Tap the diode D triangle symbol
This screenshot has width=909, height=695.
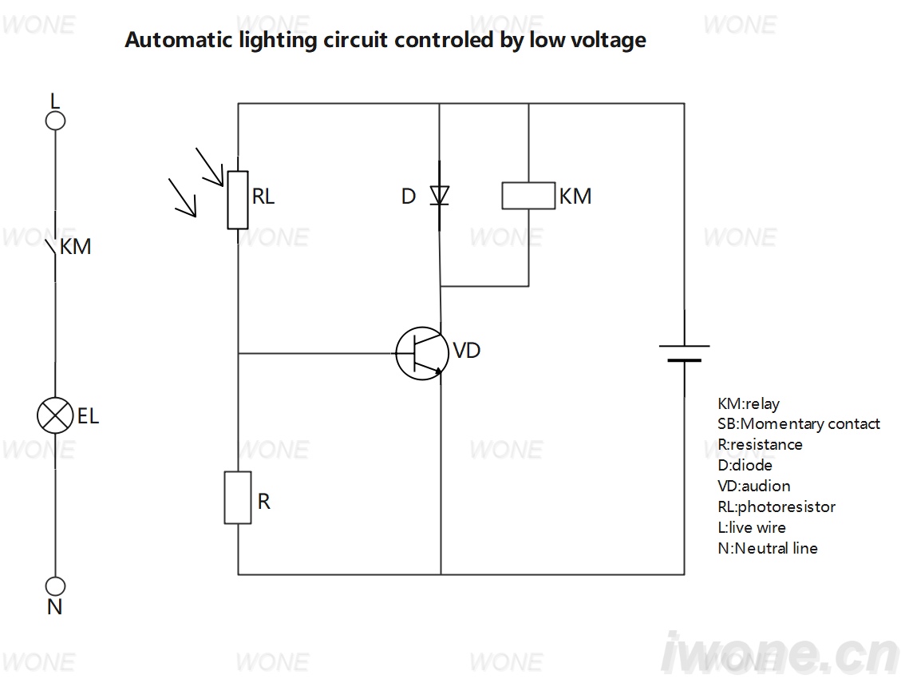(x=440, y=196)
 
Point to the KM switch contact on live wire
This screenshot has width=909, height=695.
(x=52, y=247)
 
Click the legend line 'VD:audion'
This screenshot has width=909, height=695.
(x=753, y=486)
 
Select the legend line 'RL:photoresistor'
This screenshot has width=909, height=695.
(x=777, y=507)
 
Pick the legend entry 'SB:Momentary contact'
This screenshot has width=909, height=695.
(x=798, y=424)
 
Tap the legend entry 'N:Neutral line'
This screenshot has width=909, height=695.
(x=768, y=548)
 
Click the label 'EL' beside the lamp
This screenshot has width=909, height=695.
(x=88, y=416)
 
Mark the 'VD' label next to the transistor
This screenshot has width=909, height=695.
(x=466, y=351)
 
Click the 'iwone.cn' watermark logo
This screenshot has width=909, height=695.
(x=780, y=653)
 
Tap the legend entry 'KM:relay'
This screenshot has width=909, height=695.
(x=749, y=403)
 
